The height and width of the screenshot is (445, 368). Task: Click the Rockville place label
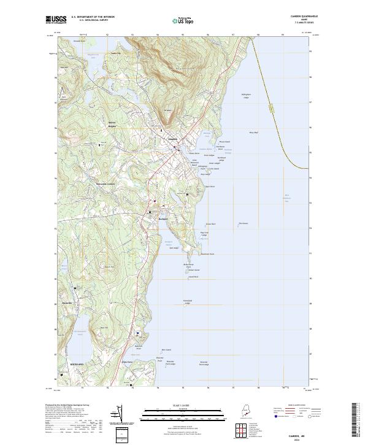[67, 303]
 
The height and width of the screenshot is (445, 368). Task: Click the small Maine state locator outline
[245, 411]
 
